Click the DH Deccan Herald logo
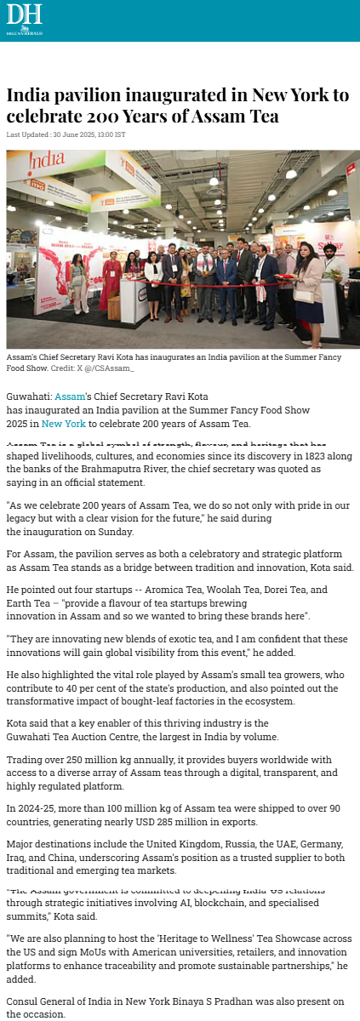click(24, 20)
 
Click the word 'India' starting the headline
click(27, 94)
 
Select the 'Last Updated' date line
click(66, 134)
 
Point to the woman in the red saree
click(111, 280)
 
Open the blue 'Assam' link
click(70, 396)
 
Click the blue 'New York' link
click(64, 424)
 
